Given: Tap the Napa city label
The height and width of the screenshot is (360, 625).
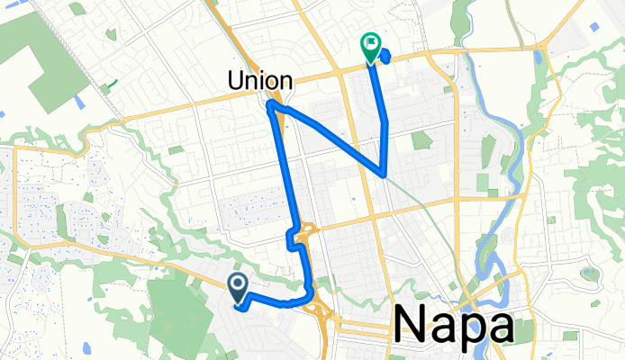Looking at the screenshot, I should click(455, 322).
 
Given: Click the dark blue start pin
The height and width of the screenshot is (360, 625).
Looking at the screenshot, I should click(238, 287).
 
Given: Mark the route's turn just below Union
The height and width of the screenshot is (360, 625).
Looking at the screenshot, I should click(270, 107).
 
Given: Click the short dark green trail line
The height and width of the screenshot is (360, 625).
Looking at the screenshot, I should click(109, 87).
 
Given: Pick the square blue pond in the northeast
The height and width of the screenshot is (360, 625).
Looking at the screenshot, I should click(539, 56).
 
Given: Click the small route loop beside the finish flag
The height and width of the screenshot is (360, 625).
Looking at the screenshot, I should click(385, 57).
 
